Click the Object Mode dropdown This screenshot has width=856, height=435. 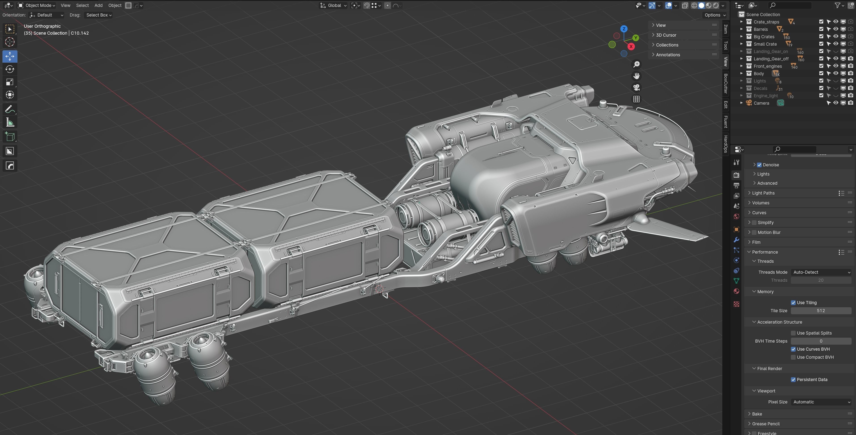tap(37, 5)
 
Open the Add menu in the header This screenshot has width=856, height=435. tap(98, 5)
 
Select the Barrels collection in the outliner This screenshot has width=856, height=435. tap(761, 29)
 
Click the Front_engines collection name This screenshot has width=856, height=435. tap(768, 66)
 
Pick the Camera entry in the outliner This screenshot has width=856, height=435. tap(761, 103)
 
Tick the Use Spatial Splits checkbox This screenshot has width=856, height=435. tap(793, 333)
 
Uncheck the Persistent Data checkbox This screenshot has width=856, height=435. tap(793, 380)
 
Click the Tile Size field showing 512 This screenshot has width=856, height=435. tap(821, 311)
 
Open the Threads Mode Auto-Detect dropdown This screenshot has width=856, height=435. tap(821, 272)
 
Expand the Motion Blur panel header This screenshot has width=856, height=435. tap(769, 232)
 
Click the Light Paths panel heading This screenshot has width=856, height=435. tap(763, 193)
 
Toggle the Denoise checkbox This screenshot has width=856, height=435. tap(759, 165)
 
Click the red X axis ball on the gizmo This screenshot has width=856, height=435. tap(631, 47)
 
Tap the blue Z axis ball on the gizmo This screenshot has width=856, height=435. tap(624, 29)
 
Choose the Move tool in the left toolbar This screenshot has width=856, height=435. tap(10, 56)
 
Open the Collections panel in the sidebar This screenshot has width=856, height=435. tap(667, 45)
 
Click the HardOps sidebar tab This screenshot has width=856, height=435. tap(726, 144)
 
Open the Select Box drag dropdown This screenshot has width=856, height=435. tap(99, 15)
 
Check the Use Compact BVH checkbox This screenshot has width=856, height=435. tap(793, 357)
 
